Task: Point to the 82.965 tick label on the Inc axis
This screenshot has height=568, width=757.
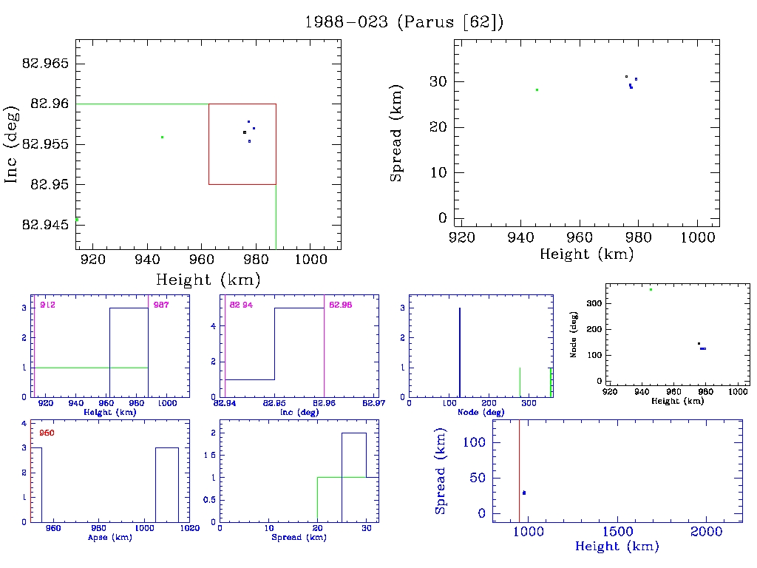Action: click(x=46, y=64)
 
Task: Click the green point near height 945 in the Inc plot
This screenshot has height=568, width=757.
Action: click(x=162, y=137)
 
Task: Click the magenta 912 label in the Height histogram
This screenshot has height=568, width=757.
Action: click(x=48, y=305)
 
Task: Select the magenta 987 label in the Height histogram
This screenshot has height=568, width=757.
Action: click(x=160, y=305)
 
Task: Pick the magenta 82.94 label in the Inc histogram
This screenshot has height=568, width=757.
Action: click(x=241, y=305)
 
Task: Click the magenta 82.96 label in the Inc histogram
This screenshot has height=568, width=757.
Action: click(x=340, y=305)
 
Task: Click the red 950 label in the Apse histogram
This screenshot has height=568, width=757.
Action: click(x=48, y=433)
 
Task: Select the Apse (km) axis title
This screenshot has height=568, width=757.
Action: click(x=109, y=538)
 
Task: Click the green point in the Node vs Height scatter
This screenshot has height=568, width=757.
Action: click(x=651, y=289)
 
